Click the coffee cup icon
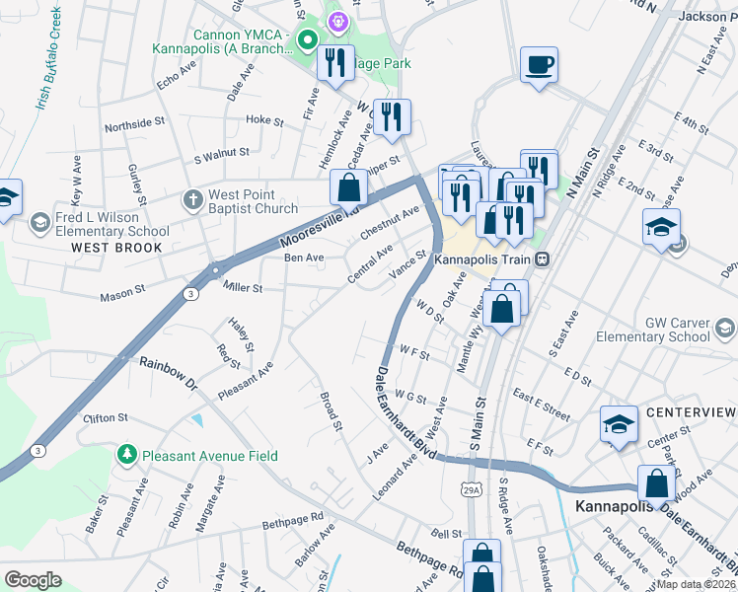(539, 66)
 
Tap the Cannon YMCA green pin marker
(307, 40)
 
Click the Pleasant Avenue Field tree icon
(126, 455)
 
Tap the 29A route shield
(471, 488)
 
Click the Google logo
(33, 579)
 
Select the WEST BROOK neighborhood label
(116, 248)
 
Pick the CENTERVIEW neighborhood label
(691, 410)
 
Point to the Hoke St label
(264, 120)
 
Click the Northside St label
(134, 123)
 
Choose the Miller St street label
(243, 288)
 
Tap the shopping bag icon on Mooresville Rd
(348, 186)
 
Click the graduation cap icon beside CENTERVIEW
(619, 425)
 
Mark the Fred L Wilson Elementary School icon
(40, 220)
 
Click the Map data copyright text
(696, 584)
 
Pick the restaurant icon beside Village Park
(335, 63)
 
